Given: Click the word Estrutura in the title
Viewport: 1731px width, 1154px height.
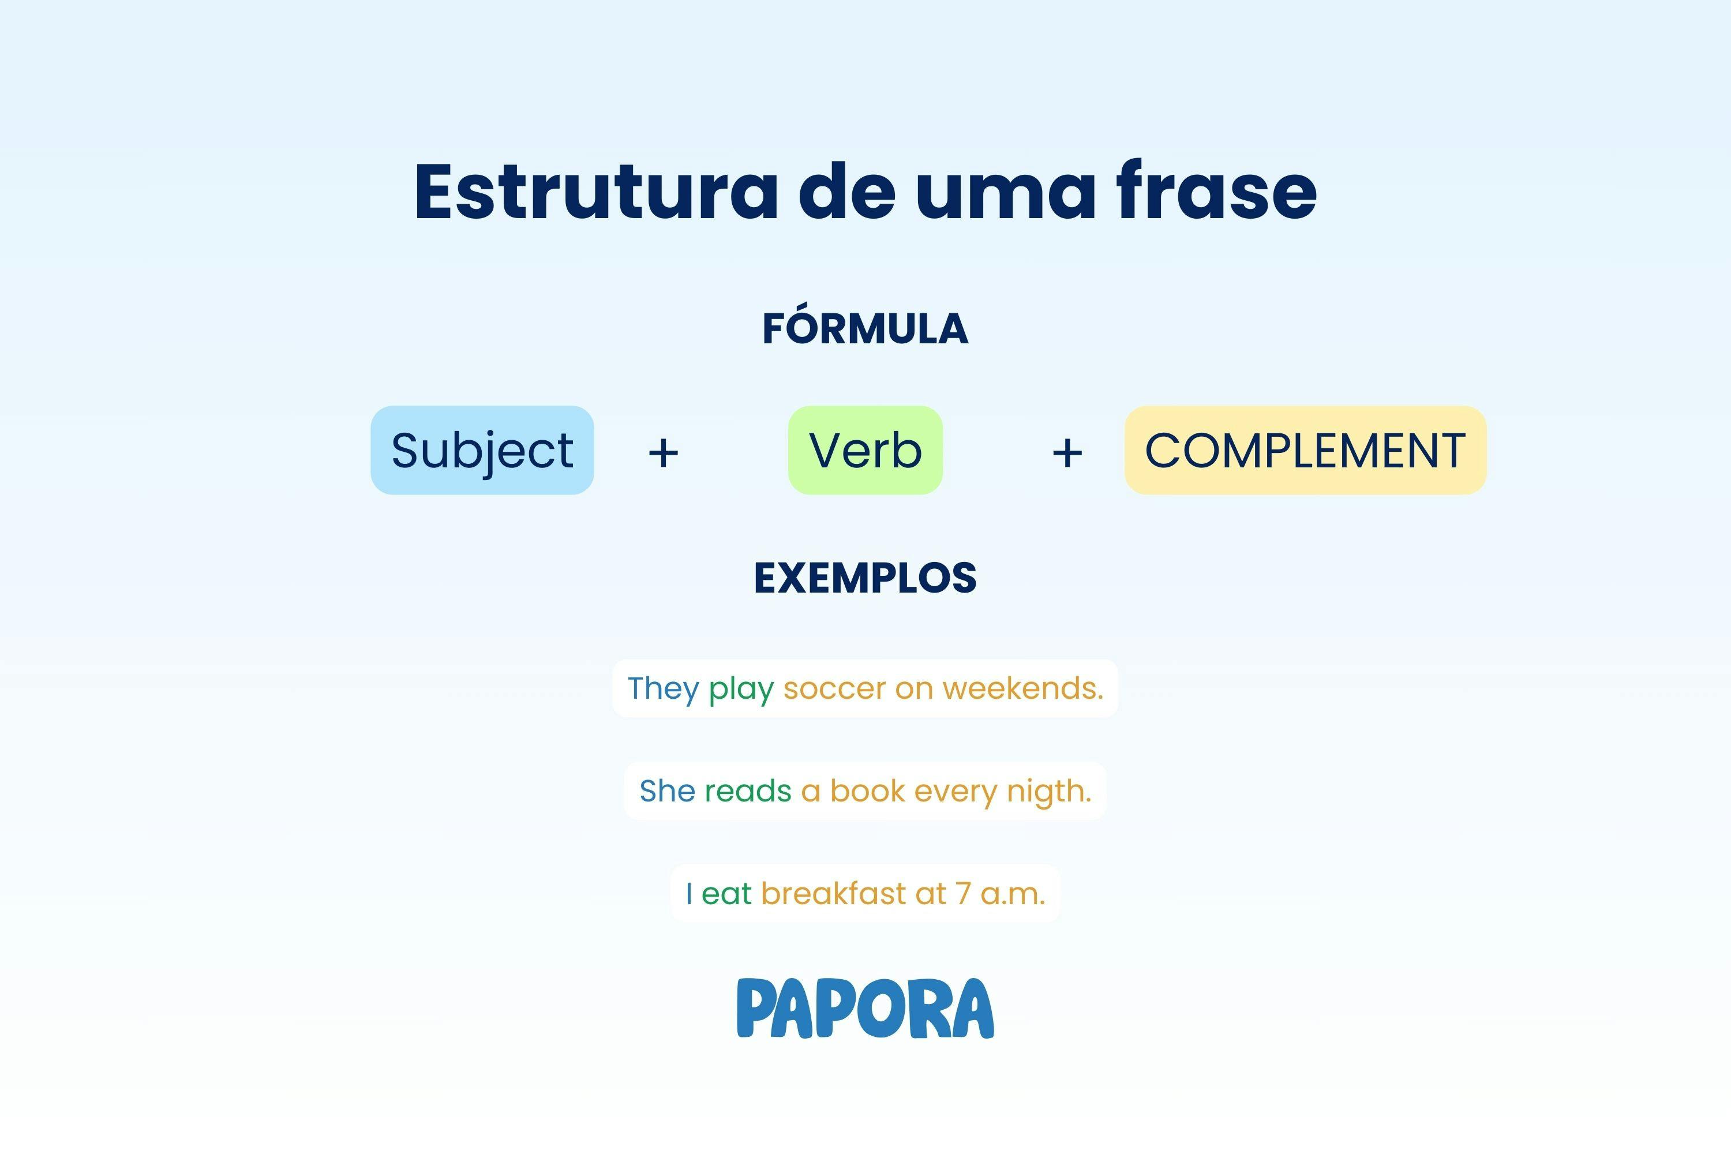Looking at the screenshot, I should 596,193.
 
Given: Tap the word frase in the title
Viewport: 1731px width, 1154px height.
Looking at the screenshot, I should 1216,193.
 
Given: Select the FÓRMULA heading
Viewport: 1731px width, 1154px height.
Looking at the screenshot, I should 865,329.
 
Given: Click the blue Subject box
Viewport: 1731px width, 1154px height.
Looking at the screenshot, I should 482,451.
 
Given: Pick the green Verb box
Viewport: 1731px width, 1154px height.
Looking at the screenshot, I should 865,451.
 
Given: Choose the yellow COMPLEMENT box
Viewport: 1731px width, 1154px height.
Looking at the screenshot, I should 1305,451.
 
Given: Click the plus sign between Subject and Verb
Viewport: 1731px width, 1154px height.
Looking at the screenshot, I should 663,452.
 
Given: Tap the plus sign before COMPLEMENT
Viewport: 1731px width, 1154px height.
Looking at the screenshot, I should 1067,452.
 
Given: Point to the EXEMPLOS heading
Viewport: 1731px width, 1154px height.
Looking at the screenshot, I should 865,579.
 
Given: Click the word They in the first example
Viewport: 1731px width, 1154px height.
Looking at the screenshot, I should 662,689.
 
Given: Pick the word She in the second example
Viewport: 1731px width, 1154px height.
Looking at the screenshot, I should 667,791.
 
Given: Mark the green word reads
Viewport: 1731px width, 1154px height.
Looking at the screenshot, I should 748,791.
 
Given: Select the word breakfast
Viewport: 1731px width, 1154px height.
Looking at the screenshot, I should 833,893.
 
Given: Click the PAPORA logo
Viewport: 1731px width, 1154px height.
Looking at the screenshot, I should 865,1008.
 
